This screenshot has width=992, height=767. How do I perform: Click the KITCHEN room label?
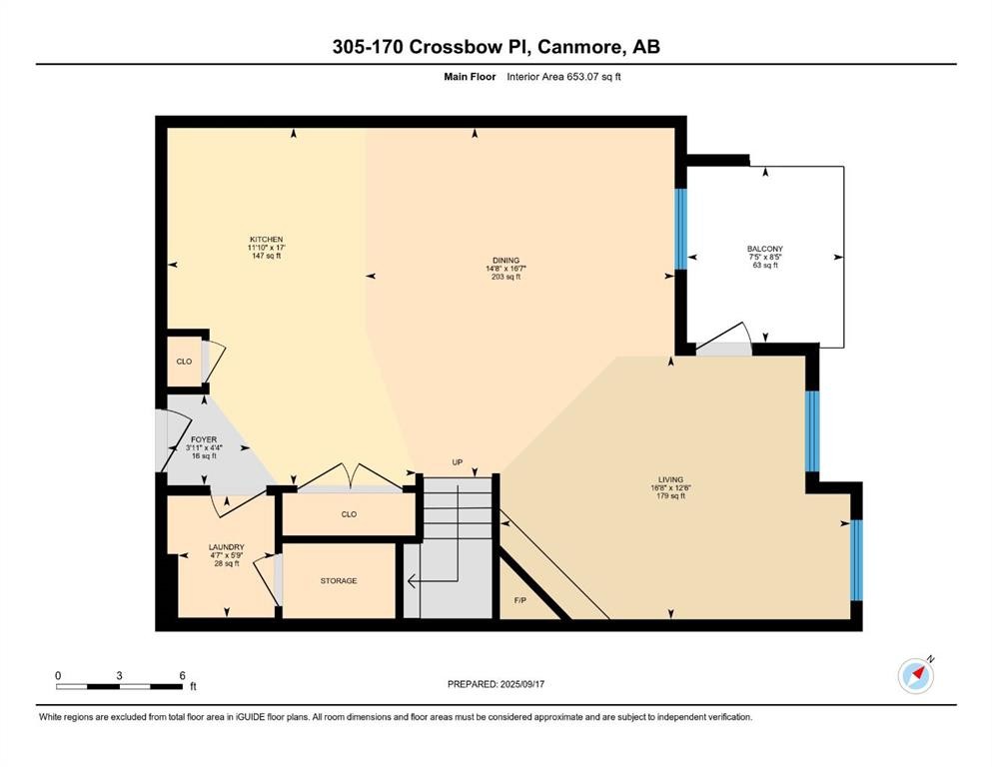pyautogui.click(x=266, y=240)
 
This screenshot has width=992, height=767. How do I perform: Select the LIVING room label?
pyautogui.click(x=669, y=479)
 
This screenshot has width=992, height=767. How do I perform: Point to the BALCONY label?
pyautogui.click(x=764, y=249)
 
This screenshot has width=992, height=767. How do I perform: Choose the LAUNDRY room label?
pyautogui.click(x=226, y=547)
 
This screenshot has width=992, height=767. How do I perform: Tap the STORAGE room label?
pyautogui.click(x=339, y=580)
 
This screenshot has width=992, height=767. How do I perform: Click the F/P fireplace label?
pyautogui.click(x=519, y=601)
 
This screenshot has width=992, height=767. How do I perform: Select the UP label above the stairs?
pyautogui.click(x=458, y=462)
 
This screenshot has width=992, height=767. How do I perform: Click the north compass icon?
pyautogui.click(x=915, y=676)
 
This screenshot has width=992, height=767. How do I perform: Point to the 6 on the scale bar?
pyautogui.click(x=182, y=676)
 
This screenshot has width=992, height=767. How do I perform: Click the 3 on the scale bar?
pyautogui.click(x=119, y=676)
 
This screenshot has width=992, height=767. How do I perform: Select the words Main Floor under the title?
pyautogui.click(x=470, y=76)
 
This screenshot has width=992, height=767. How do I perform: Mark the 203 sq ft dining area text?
pyautogui.click(x=505, y=277)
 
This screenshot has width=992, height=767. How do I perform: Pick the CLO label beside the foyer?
pyautogui.click(x=184, y=361)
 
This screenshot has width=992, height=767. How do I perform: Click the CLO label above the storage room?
pyautogui.click(x=349, y=515)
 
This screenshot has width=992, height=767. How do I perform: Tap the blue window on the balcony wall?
pyautogui.click(x=681, y=229)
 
